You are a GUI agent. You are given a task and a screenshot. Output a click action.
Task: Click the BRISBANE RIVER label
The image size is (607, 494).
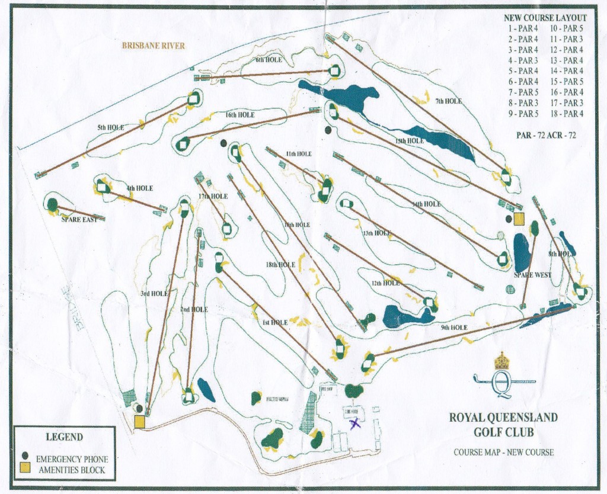pos(153,46)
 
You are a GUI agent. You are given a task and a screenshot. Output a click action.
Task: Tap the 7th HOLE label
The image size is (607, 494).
pos(448,101)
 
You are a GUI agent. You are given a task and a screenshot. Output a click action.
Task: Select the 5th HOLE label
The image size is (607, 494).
pos(111,127)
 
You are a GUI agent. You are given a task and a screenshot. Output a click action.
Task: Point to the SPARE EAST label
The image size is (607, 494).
pos(79,219)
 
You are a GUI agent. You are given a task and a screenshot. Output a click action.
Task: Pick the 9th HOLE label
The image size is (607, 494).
pos(454,327)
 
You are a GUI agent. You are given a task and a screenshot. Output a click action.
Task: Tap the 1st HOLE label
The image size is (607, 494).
pos(274,323)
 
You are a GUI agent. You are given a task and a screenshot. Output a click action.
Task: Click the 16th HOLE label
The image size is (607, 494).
pos(239,115)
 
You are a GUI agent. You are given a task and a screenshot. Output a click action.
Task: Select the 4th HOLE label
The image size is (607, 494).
pos(139,188)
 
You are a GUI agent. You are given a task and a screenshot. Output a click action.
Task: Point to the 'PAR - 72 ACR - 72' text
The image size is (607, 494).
pos(546,135)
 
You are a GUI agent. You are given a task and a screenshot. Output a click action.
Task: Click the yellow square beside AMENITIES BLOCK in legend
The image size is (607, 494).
pos(25,469)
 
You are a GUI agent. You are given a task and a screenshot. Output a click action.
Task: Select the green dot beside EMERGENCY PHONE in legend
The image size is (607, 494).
pos(25,456)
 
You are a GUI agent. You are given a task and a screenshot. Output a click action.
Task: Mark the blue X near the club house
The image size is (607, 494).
pos(354,423)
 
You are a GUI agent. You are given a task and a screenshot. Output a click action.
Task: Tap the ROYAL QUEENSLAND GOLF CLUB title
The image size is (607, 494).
pos(503,424)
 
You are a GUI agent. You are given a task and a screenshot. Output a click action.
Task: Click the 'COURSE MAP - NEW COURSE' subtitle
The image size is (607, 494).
pos(504,452)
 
